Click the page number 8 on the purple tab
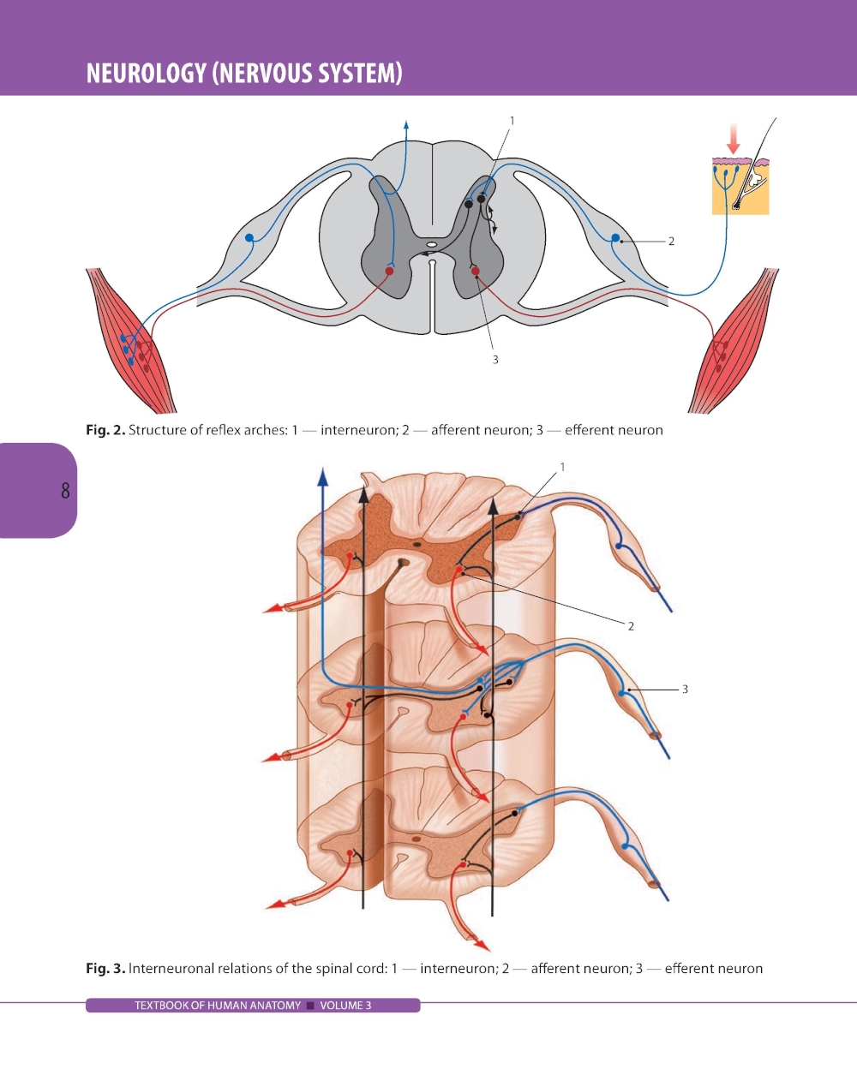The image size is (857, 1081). tap(65, 491)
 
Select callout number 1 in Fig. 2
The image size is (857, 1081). tap(512, 121)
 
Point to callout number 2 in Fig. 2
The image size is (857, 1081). tap(671, 242)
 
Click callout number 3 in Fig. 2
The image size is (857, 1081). tap(495, 360)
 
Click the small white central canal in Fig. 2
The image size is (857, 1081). tap(432, 245)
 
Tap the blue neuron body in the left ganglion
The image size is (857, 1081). tap(249, 237)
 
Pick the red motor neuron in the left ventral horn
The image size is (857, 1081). tap(389, 272)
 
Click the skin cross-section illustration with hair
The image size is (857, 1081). tap(740, 185)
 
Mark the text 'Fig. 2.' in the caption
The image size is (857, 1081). tap(105, 430)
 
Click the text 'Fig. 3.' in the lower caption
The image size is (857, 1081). tap(105, 969)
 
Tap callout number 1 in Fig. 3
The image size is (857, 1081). tap(562, 467)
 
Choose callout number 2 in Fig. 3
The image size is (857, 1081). tap(631, 626)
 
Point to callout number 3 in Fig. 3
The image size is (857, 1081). tap(685, 689)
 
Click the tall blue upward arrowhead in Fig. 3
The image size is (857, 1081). tap(322, 476)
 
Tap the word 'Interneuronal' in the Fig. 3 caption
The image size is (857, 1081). tap(171, 969)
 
